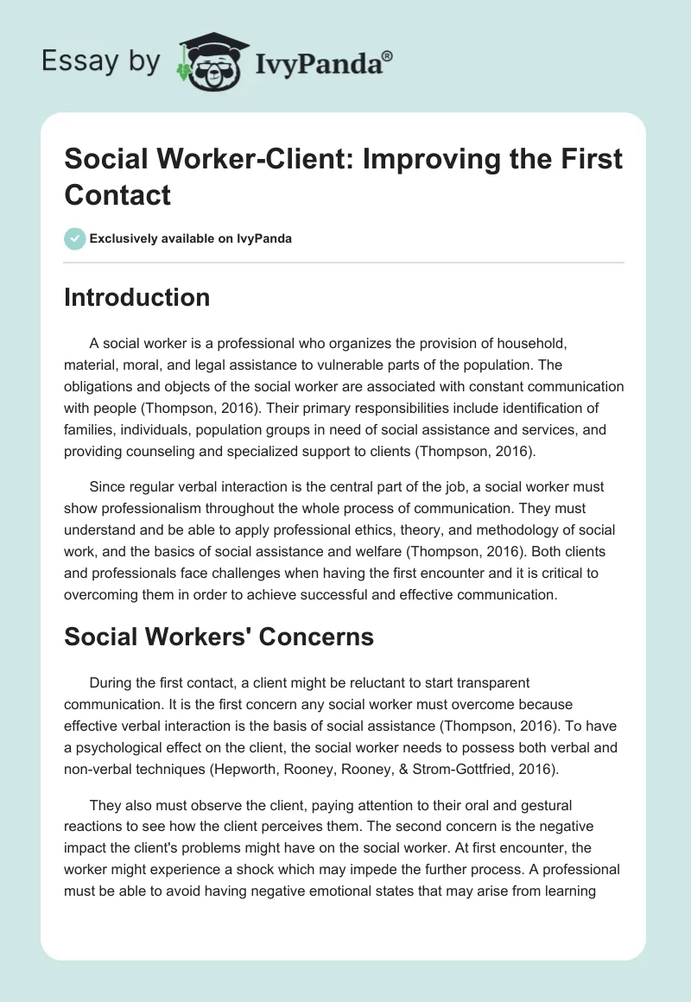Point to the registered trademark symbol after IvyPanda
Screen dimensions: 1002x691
[x=388, y=55]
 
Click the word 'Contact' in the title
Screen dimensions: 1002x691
[x=117, y=195]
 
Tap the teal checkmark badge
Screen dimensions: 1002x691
[x=74, y=238]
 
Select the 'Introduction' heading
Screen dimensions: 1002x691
[x=136, y=297]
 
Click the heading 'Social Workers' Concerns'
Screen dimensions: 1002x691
[x=219, y=637]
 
